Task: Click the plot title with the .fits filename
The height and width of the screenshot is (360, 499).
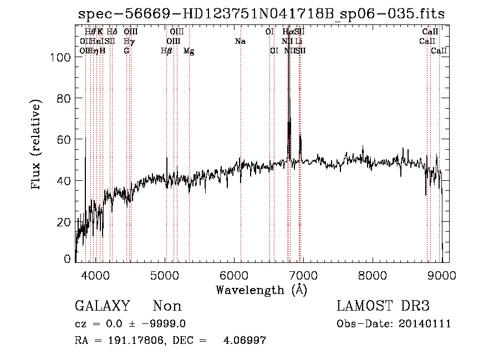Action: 262,13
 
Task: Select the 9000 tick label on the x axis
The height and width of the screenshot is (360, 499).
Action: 441,276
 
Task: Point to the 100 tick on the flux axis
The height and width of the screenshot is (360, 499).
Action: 62,57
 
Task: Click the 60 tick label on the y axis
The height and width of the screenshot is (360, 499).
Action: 65,139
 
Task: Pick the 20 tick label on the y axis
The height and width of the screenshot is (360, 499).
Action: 65,221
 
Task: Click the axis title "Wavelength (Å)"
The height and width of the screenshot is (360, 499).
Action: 262,290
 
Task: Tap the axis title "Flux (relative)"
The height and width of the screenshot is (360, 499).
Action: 37,145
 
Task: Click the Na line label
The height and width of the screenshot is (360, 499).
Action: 240,42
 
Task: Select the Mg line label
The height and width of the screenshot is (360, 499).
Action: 189,51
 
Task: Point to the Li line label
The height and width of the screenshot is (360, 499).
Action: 299,42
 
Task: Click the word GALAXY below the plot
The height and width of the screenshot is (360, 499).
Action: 103,306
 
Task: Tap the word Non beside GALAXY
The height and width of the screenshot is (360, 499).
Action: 167,306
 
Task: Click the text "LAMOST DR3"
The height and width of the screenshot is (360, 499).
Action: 383,306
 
